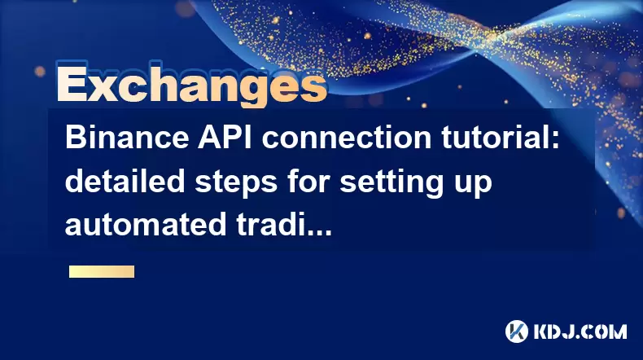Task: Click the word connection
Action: [x=347, y=138]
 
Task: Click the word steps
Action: [x=236, y=183]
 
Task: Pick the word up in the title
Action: [x=468, y=185]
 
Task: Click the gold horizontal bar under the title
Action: [x=102, y=271]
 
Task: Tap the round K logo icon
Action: [x=516, y=331]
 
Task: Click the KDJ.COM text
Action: [x=580, y=331]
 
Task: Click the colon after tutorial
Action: [x=556, y=140]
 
